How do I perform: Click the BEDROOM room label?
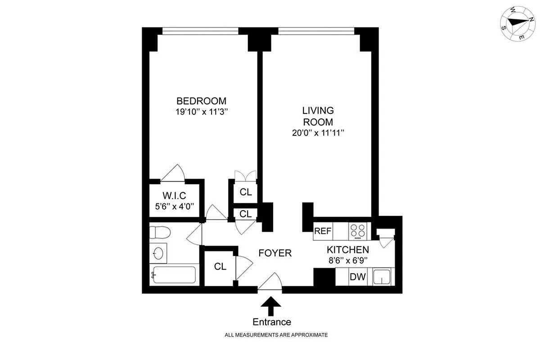pos(201,101)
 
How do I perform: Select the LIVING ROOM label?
pos(318,116)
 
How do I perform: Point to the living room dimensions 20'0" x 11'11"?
pos(320,133)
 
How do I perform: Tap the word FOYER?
pos(275,253)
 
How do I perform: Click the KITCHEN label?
pos(348,250)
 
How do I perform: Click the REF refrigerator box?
pos(323,231)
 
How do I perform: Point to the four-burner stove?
pos(358,231)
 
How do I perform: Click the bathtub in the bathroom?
pos(174,274)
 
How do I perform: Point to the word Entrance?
pos(271,322)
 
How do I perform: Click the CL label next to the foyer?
pos(220,266)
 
